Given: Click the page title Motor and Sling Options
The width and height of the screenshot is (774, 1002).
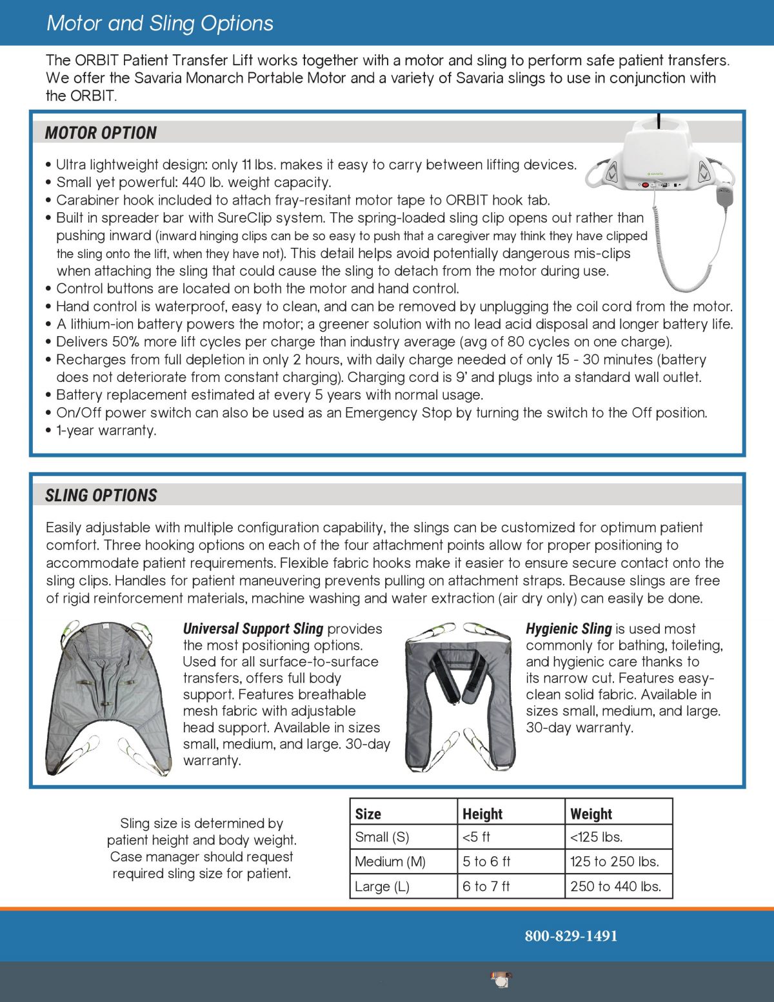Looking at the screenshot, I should coord(160,23).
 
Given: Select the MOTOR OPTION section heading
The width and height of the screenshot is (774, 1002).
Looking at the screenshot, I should coord(101,133).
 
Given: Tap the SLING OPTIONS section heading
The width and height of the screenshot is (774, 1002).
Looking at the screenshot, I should coord(101,496).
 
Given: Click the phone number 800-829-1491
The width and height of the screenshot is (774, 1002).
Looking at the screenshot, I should coord(571,936).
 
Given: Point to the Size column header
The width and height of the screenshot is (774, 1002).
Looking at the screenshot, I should coord(368,814).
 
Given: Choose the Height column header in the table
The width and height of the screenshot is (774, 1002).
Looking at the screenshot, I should coord(482,814).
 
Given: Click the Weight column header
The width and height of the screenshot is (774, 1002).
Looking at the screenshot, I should coord(591,814).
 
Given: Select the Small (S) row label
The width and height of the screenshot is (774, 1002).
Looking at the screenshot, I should coord(382,837).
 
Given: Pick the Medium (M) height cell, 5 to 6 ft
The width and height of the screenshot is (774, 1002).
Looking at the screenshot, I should coord(486,861).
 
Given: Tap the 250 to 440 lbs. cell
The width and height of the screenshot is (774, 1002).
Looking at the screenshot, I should coord(615,886).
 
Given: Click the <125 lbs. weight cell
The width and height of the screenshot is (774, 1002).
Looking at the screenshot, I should coord(596,837).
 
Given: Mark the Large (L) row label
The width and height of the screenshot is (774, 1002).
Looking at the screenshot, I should coord(382,886).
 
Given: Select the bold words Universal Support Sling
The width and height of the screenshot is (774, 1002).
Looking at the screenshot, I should coord(253,628).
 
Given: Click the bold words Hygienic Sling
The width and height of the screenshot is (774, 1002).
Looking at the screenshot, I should coord(568,628).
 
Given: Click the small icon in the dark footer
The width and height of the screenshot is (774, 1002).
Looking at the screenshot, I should coord(501,979).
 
